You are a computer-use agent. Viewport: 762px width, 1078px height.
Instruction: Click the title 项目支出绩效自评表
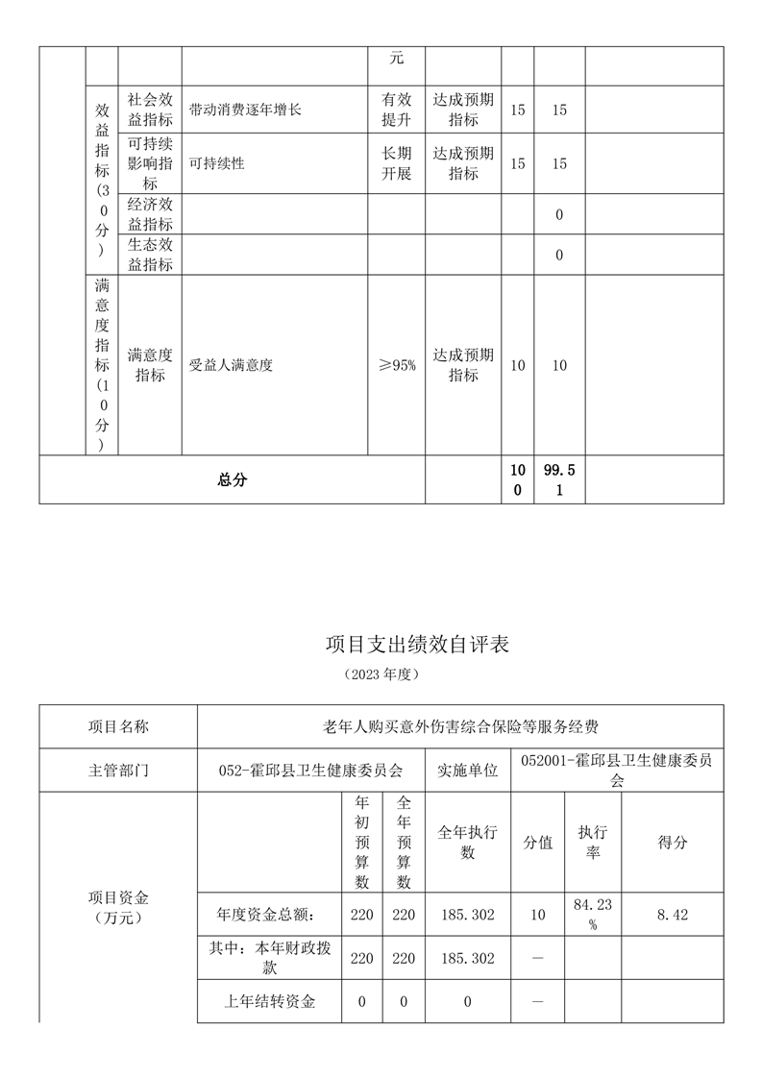pos(417,644)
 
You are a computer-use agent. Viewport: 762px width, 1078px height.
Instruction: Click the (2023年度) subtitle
pos(381,674)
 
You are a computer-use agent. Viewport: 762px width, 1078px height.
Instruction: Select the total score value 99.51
pos(558,478)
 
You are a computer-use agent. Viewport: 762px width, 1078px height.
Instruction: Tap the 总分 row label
pos(232,479)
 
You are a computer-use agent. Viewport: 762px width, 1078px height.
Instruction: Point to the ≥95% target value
pos(396,365)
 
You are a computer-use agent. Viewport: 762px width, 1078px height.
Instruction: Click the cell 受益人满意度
pos(232,365)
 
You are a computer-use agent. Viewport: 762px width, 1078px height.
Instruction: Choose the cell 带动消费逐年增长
pos(246,110)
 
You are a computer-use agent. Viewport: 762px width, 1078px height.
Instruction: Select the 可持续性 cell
pos(217,163)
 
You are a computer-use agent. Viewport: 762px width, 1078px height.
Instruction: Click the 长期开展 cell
pos(396,163)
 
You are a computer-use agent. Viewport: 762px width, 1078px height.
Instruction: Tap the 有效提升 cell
pos(396,110)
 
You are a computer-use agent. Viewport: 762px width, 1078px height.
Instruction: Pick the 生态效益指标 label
pos(150,255)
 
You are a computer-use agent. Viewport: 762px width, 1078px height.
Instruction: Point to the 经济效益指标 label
pos(150,214)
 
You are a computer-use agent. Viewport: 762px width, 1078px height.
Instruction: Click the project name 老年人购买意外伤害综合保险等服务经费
pos(460,725)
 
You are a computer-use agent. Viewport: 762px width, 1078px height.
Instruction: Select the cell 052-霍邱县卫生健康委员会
pos(310,770)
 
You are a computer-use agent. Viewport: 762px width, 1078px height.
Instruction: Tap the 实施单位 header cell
pos(468,770)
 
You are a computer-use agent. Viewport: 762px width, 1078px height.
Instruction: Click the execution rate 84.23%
pos(593,915)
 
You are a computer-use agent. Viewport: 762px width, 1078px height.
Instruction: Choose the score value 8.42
pos(673,915)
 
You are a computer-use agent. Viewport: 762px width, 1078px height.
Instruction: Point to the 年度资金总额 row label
pos(267,915)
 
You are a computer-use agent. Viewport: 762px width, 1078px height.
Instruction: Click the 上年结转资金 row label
pos(269,1001)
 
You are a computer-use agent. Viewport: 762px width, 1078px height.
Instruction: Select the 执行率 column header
pos(593,843)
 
